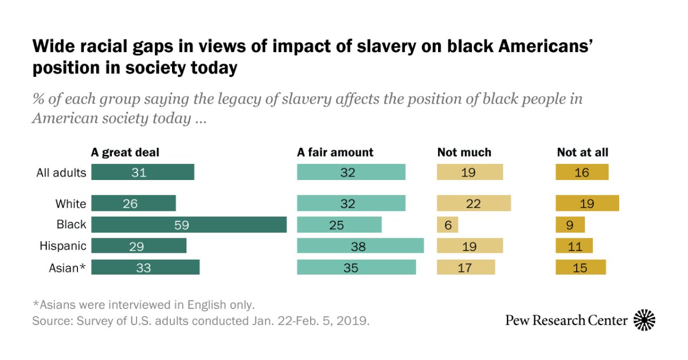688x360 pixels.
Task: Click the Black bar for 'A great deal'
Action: coord(189,225)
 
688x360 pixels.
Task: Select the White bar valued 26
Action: coord(133,204)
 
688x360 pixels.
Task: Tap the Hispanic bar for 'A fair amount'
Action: coord(360,246)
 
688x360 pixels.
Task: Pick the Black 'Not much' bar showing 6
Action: coord(448,225)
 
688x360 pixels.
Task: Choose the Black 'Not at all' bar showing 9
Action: coord(570,225)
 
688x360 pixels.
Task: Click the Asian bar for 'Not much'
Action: coord(466,267)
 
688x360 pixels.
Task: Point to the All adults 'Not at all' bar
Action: coord(582,173)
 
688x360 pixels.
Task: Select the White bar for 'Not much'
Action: coord(474,204)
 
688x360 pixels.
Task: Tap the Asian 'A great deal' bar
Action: coord(145,267)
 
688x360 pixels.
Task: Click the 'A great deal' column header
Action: coord(125,152)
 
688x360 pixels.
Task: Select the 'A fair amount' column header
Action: coord(335,152)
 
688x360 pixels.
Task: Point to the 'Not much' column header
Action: coord(464,152)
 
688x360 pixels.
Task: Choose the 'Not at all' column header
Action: coord(583,152)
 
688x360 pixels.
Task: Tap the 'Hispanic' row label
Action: coord(63,246)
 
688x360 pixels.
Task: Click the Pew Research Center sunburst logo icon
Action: coord(644,320)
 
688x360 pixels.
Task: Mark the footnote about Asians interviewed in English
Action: coord(143,304)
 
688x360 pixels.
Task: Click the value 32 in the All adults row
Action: coord(347,173)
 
